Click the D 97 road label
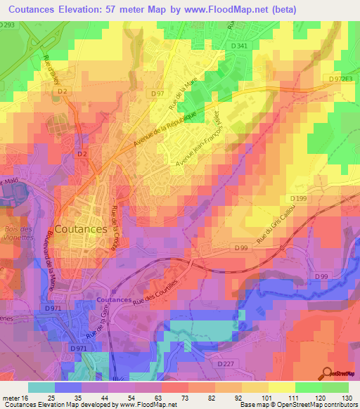pos(157,93)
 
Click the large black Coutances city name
pos(81,228)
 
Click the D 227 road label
pos(225,363)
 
